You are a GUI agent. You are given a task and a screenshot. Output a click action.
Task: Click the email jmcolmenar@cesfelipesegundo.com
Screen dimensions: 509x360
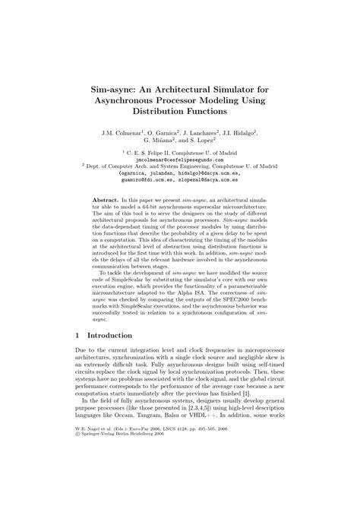(180, 161)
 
